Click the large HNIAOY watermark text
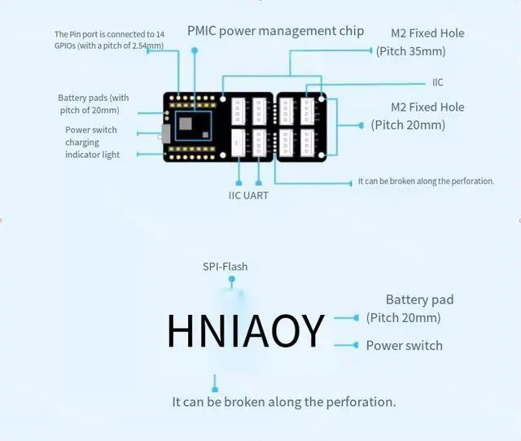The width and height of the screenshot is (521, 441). [246, 330]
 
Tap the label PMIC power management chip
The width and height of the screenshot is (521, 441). [275, 31]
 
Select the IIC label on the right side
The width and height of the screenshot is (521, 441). [438, 82]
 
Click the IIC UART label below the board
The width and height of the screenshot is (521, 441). [248, 195]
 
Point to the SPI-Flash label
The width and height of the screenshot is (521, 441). [225, 266]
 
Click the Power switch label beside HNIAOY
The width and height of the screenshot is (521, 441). [404, 345]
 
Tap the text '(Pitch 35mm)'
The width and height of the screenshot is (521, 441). [410, 50]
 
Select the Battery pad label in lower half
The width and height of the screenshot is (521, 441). [419, 299]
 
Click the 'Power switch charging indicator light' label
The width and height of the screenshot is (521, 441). [92, 142]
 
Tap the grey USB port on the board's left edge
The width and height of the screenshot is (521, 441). [166, 134]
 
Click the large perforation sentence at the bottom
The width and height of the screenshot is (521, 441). [284, 402]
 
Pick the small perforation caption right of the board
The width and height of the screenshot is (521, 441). [426, 181]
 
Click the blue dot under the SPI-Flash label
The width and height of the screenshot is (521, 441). [232, 279]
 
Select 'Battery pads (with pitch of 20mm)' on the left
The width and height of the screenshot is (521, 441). [93, 104]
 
